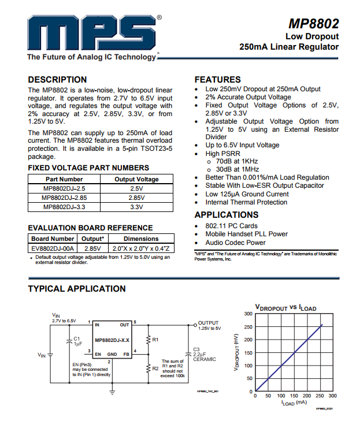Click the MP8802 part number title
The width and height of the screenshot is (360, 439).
pyautogui.click(x=314, y=24)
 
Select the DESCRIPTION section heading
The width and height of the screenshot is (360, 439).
pyautogui.click(x=57, y=80)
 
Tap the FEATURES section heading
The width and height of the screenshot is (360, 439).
pyautogui.click(x=217, y=80)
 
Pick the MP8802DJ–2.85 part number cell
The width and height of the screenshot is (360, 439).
pyautogui.click(x=64, y=198)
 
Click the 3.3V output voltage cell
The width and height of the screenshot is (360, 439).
pyautogui.click(x=136, y=207)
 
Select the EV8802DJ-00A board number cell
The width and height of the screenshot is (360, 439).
pyautogui.click(x=53, y=247)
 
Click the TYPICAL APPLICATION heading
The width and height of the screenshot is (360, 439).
pyautogui.click(x=77, y=289)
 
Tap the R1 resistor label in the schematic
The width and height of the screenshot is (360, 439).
pyautogui.click(x=155, y=340)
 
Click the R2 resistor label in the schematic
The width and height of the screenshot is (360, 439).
pyautogui.click(x=155, y=368)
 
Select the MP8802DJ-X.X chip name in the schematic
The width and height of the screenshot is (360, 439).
pyautogui.click(x=112, y=340)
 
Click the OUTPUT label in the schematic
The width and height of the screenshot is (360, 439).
pyautogui.click(x=209, y=323)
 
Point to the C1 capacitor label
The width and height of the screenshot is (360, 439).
pyautogui.click(x=77, y=338)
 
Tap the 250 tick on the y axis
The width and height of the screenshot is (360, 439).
pyautogui.click(x=248, y=326)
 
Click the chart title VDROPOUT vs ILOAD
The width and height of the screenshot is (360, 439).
pyautogui.click(x=285, y=307)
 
